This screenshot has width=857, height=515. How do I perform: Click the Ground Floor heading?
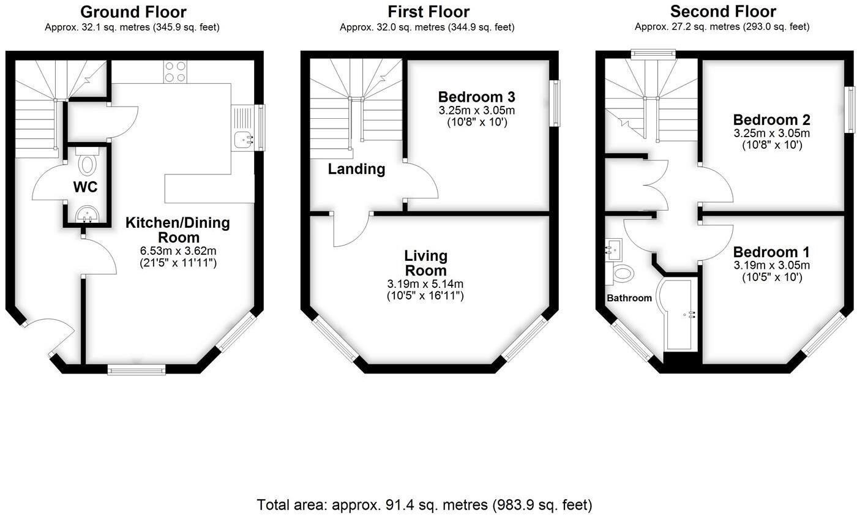133,12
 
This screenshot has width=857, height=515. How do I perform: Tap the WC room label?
85,187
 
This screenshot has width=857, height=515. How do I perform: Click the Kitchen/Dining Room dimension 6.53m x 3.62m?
178,251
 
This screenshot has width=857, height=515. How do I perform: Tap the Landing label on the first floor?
356,170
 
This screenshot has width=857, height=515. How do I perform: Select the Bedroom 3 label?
476,97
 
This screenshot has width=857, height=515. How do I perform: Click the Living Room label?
425,263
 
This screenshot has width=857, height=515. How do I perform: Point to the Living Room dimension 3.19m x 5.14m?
425,284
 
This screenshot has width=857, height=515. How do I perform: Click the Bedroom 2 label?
771,119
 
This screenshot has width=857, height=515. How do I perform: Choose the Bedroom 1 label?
771,252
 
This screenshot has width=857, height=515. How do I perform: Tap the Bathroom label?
629,298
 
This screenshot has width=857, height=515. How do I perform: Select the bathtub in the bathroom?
678,315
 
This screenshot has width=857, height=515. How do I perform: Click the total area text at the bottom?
425,505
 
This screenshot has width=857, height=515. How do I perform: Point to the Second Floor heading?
723,12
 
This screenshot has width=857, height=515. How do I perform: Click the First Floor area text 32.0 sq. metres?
427,27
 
